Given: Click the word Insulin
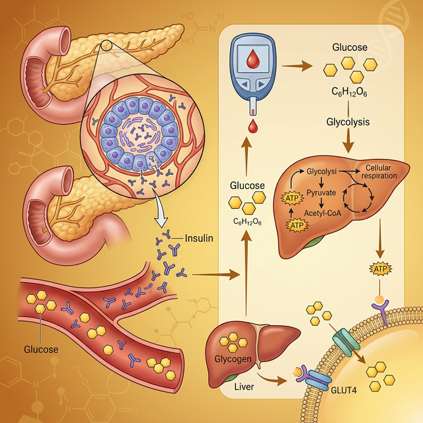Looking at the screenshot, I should point(199,239).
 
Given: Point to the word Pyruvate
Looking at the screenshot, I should point(323,192).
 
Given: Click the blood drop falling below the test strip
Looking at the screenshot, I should point(252,125).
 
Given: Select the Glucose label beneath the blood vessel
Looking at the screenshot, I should point(41,350).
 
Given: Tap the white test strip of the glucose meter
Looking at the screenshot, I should point(252,106).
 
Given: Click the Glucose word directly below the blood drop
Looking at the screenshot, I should point(247,186).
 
